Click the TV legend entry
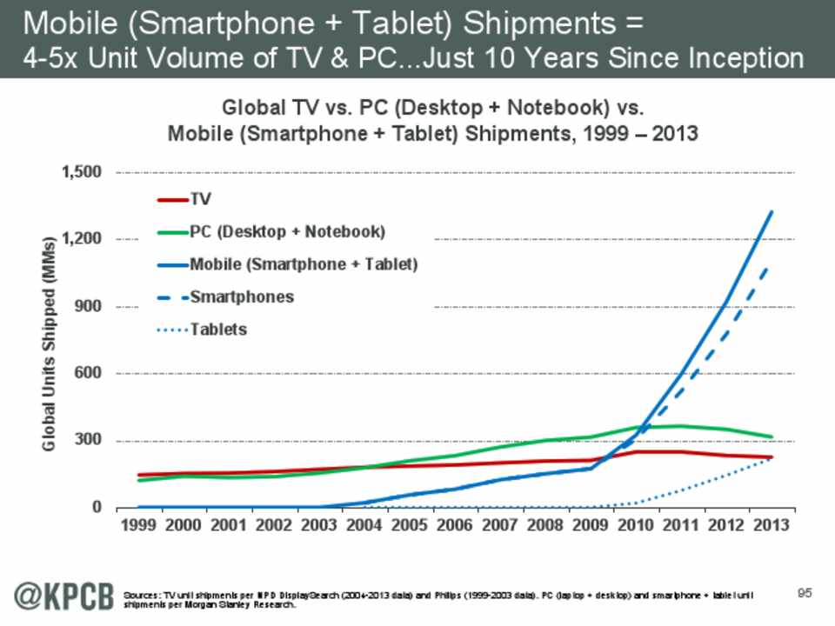199,200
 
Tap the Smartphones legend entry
242,296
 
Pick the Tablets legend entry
218,330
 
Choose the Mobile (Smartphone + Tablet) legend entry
304,264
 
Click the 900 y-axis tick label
89,306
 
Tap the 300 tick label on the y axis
89,440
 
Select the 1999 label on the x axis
138,526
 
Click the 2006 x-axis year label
452,526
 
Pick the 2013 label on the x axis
771,526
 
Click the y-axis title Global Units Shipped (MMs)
50,342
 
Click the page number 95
804,593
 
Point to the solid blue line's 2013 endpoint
771,211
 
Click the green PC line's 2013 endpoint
771,436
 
